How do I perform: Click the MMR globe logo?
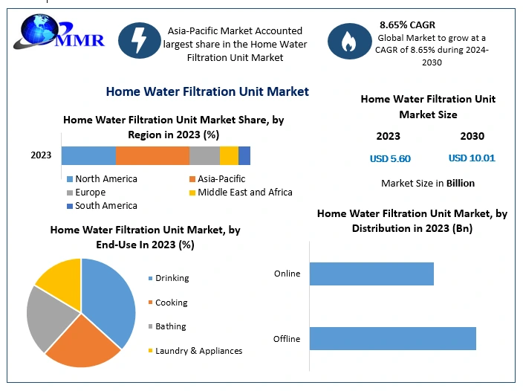(x=59, y=32)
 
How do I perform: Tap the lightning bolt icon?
(x=140, y=40)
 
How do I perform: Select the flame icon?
(x=349, y=41)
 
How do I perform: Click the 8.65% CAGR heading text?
(x=407, y=25)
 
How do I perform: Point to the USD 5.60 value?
(x=390, y=158)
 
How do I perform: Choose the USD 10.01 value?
(x=472, y=158)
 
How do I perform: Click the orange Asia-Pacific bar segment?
(x=153, y=155)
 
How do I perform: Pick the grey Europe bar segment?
(x=205, y=155)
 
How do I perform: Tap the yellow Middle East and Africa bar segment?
(x=229, y=155)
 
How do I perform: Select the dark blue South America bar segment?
(x=244, y=155)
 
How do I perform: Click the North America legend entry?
(x=102, y=179)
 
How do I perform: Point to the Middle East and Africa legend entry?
(x=241, y=193)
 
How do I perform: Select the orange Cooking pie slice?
(x=83, y=343)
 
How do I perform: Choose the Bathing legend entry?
(x=167, y=326)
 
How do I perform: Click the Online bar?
(x=371, y=274)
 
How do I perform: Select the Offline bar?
(x=393, y=339)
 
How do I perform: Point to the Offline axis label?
(x=287, y=339)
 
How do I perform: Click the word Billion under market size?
(x=461, y=183)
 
